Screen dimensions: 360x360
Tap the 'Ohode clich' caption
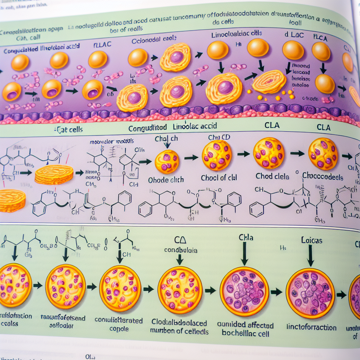pos(166,180)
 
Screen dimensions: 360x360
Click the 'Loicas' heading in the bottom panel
pos(311,241)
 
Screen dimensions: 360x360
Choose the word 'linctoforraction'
pos(311,327)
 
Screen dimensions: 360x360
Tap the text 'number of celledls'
pos(179,331)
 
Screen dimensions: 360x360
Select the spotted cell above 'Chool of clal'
pos(217,155)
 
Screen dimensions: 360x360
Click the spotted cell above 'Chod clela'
pos(269,153)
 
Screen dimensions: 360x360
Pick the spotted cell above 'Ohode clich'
pos(167,162)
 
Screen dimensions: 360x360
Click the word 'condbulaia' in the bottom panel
pos(181,250)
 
